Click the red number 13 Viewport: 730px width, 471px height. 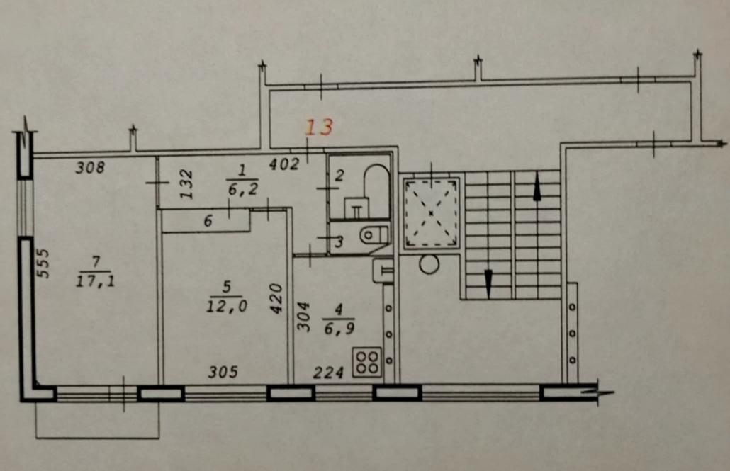320,127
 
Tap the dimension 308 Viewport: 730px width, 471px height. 90,167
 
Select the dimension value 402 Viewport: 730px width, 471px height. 284,164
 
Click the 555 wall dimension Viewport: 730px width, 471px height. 43,263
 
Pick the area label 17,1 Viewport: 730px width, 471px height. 96,280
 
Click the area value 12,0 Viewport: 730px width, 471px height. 227,305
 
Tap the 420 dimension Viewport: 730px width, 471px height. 276,298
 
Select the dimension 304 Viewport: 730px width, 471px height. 303,317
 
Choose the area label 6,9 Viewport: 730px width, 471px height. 339,329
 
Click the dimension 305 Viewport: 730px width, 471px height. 223,372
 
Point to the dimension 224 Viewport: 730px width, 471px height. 328,373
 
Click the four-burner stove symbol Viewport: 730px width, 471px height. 367,362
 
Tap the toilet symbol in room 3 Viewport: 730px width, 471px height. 374,234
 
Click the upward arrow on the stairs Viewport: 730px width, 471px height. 537,186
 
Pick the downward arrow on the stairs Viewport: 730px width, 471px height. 488,283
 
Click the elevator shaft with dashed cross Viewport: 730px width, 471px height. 431,213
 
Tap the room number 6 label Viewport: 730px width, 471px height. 208,220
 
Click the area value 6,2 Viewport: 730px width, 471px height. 243,188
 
